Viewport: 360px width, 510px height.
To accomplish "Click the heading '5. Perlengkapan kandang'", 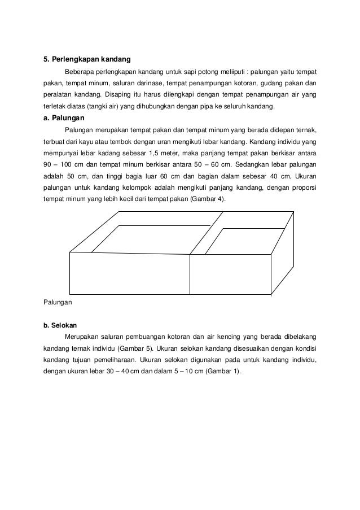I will point(87,59).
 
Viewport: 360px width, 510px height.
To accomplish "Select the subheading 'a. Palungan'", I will point(64,119).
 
